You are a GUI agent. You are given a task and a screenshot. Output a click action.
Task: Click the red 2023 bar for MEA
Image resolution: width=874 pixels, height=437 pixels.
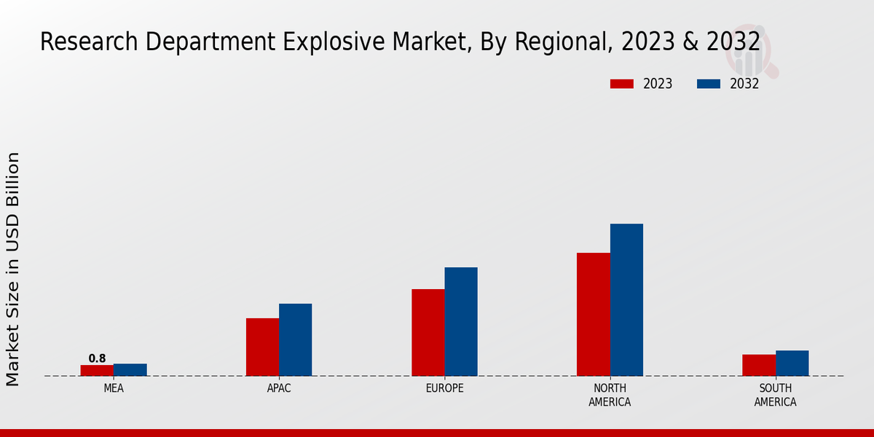point(97,370)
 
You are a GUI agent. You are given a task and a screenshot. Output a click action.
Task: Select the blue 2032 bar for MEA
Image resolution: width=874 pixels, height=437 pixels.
point(130,369)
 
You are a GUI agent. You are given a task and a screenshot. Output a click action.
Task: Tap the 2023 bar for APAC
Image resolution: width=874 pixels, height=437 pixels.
point(262,347)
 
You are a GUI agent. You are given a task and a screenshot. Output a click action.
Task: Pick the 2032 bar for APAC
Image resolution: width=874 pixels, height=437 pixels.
point(296,339)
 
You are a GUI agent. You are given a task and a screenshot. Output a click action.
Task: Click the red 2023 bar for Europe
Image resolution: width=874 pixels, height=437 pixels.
point(428,332)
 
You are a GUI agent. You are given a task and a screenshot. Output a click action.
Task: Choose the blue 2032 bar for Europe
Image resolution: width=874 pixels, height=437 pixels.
point(461,321)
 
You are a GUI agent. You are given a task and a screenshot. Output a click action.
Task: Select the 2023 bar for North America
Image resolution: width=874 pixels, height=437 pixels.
point(593,314)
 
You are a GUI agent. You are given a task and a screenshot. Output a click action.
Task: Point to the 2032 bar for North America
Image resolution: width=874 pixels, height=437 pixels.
point(626,299)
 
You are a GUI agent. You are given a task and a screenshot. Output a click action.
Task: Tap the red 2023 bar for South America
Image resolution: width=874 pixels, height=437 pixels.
point(758,365)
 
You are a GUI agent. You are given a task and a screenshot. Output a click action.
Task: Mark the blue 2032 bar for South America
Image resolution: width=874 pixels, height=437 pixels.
point(792,363)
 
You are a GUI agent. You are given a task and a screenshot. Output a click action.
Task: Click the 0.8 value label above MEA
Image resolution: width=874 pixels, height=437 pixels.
point(97,358)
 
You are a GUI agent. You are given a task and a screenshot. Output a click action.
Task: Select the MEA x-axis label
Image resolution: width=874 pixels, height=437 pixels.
point(114,388)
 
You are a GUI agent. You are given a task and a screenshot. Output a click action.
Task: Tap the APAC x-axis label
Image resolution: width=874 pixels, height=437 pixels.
point(279,388)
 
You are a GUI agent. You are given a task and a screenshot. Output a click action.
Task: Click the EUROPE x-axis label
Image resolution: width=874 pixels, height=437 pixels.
point(444,388)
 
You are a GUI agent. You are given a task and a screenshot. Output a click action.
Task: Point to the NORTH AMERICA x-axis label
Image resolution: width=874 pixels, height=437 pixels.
point(610,395)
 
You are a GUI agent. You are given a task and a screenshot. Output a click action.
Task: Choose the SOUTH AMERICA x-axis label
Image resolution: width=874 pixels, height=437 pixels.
point(775,395)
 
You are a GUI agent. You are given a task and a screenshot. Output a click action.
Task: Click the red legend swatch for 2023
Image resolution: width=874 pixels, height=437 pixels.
point(621,84)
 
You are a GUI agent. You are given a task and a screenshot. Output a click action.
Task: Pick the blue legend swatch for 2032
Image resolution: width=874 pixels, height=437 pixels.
point(708,84)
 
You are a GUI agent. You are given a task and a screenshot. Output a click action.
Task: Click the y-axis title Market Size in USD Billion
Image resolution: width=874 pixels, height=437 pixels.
point(13,269)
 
